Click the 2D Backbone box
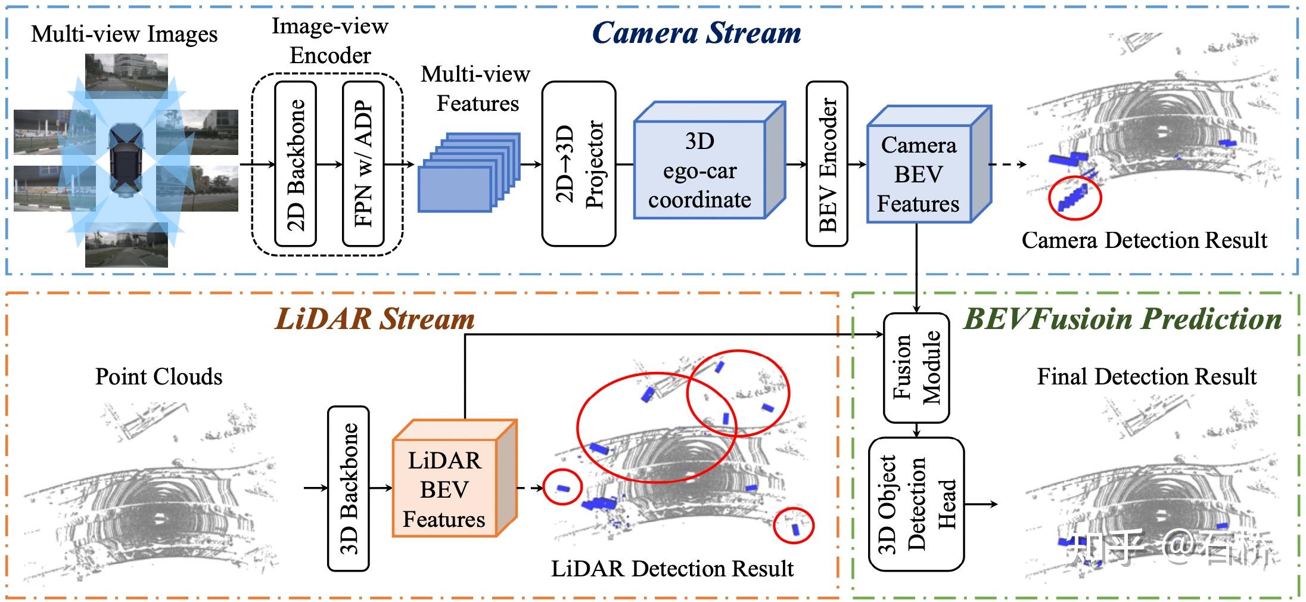296,164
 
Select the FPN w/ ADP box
363,164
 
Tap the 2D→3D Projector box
579,164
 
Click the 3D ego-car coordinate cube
709,160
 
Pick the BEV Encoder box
827,164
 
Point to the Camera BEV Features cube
929,165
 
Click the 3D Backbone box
349,489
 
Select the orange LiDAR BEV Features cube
454,479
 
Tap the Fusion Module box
916,368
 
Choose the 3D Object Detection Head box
916,504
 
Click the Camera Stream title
696,33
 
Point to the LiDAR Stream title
375,319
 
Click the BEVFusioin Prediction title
1122,319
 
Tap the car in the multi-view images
125,160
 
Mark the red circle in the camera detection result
1075,197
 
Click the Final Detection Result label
1147,377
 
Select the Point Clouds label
158,377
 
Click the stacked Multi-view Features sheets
469,172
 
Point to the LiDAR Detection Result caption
672,569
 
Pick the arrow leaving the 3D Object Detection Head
981,504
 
